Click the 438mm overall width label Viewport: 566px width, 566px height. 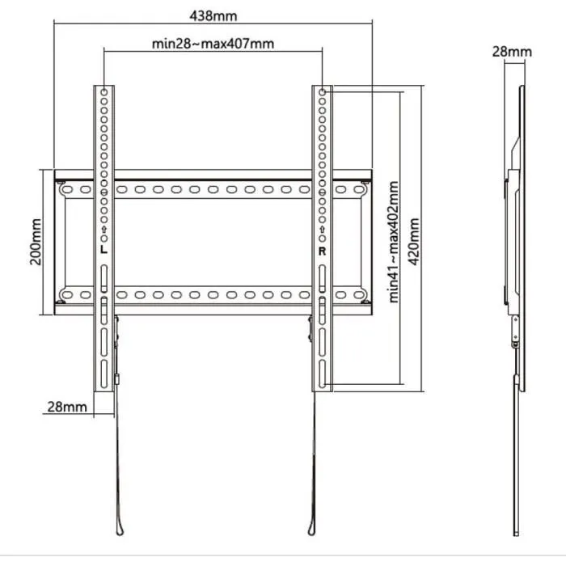[213, 15]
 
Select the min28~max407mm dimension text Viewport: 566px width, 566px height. [213, 44]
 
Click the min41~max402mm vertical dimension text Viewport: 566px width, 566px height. [395, 241]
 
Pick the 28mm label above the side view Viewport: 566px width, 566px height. [512, 52]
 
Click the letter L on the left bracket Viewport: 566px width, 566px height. [104, 251]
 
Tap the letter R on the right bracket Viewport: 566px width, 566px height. [322, 251]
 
